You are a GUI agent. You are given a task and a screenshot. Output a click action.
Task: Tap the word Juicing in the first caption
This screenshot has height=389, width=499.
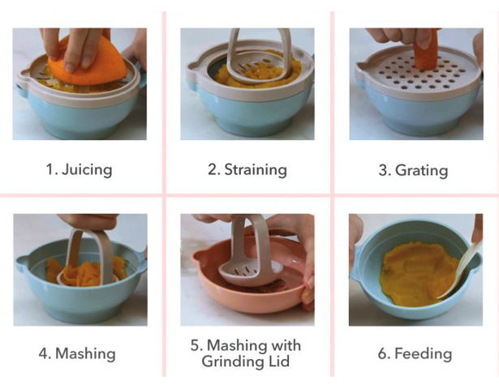pyautogui.click(x=87, y=169)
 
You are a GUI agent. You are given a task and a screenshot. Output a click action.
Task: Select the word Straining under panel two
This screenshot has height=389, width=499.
pyautogui.click(x=256, y=169)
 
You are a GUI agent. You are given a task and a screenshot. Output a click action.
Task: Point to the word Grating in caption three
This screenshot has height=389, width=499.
pyautogui.click(x=421, y=170)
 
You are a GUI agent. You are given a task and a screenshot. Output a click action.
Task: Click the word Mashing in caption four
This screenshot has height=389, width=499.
pyautogui.click(x=85, y=353)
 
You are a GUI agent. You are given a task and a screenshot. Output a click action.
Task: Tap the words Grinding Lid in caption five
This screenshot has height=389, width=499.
pyautogui.click(x=245, y=361)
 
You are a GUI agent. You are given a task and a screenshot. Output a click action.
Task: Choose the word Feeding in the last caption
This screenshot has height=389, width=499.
pyautogui.click(x=424, y=353)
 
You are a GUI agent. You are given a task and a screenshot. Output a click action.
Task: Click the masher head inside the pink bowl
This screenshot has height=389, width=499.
pyautogui.click(x=250, y=272)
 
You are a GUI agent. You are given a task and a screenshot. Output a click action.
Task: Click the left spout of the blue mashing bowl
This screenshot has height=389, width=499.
pyautogui.click(x=23, y=263)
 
